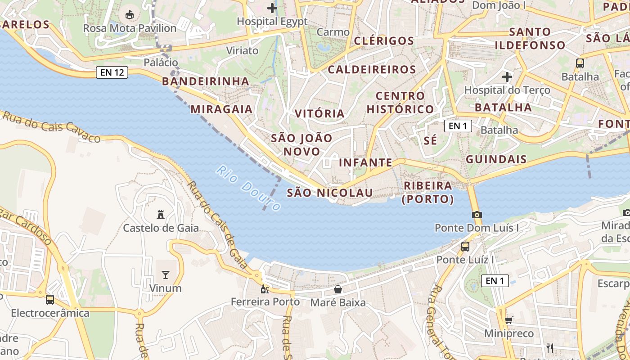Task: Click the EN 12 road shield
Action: point(112,72)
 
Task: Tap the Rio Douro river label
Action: point(248,188)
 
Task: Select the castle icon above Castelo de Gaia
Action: point(160,214)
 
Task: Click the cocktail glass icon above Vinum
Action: point(166,274)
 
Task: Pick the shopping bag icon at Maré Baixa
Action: point(338,289)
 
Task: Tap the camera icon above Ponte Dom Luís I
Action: point(477,215)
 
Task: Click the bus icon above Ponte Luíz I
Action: point(465,246)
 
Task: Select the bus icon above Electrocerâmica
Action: point(50,299)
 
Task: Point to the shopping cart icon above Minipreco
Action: point(508,320)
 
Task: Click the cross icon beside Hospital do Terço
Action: point(507,77)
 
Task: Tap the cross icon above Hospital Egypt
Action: point(272,8)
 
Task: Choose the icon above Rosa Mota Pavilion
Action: point(130,15)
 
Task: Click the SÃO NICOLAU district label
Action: point(330,193)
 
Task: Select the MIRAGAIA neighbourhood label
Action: point(221,109)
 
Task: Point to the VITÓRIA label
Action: point(319,113)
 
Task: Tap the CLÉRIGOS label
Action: point(384,41)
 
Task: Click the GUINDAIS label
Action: point(496,159)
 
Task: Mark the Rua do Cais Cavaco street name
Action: point(51,126)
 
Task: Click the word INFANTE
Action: point(365,162)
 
